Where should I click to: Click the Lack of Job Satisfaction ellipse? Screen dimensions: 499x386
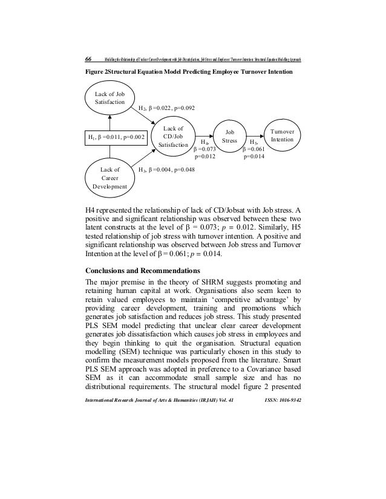109,98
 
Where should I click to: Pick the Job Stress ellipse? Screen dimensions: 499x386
230,136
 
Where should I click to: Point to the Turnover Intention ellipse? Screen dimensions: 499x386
282,135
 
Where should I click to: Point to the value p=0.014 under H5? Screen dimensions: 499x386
255,156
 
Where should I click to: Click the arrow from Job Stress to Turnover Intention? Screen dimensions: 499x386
254,136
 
